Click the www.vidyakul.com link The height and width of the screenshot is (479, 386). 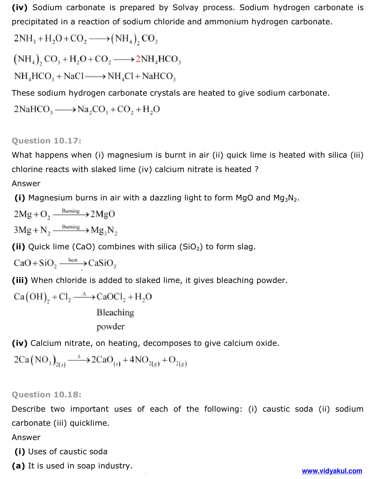[x=332, y=471]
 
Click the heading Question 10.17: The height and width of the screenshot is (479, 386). [x=47, y=141]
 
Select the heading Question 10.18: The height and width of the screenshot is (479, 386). [x=47, y=395]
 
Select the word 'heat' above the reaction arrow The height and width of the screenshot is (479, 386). [x=73, y=260]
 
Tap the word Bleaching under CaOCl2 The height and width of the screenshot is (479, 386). [x=115, y=312]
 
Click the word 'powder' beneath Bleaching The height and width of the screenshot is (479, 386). [x=110, y=327]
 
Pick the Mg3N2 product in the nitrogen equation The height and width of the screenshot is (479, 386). [x=104, y=230]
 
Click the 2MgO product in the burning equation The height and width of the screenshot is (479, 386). [x=103, y=214]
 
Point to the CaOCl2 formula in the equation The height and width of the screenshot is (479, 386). [x=111, y=297]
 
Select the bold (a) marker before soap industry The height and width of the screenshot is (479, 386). [x=19, y=466]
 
